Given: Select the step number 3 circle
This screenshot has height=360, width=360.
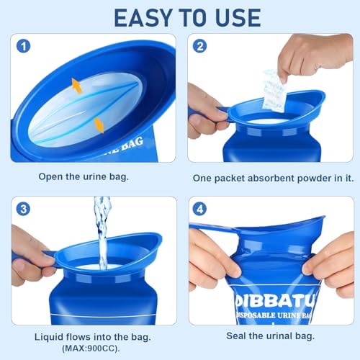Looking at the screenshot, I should click(24, 210).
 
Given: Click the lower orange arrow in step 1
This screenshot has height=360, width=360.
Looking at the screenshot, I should click(99, 125).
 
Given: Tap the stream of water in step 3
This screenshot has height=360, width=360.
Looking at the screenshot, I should click(102, 227).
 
